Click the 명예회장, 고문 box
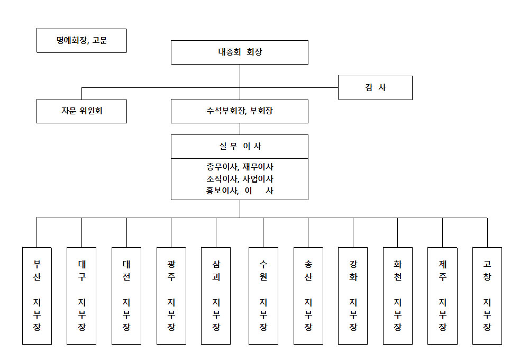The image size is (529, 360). tap(81, 41)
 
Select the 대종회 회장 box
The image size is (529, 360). tap(240, 52)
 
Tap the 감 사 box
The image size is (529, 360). tap(375, 88)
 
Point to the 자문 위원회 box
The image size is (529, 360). tap(81, 111)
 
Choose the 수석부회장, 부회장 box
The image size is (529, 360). tap(240, 111)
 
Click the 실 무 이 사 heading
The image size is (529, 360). tap(240, 146)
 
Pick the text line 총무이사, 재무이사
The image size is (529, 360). tap(240, 167)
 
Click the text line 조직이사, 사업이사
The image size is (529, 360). tap(240, 178)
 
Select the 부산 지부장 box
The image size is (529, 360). tap(37, 296)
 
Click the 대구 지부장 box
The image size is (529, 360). tap(81, 296)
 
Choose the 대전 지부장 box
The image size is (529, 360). tap(126, 296)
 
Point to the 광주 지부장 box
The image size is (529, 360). tap(171, 296)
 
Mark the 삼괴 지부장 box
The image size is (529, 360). tap(216, 296)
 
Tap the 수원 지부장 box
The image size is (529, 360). tap(263, 296)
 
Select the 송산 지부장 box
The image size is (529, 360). tap(308, 296)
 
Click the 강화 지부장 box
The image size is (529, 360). tap(353, 296)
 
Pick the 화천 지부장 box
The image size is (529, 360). tap(398, 296)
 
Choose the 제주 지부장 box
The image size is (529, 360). tap(443, 296)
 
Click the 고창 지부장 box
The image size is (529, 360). tap(487, 296)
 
